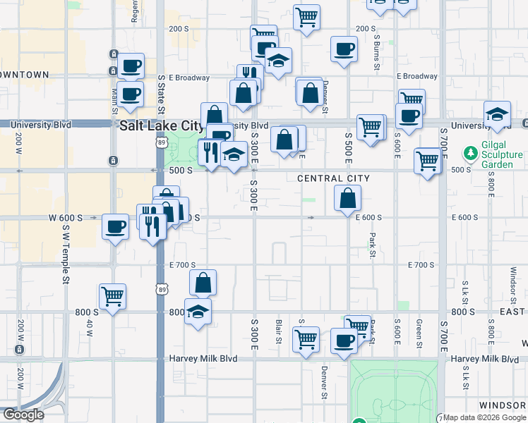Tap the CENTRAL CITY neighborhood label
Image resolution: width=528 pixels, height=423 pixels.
(x=333, y=178)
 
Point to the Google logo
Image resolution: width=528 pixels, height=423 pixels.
(x=23, y=415)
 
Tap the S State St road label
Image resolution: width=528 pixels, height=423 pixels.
(x=161, y=94)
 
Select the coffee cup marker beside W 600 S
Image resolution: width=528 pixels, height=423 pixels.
(x=115, y=227)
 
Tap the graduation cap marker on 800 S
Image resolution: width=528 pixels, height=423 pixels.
(x=198, y=311)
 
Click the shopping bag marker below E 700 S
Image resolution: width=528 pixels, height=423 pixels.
(x=203, y=283)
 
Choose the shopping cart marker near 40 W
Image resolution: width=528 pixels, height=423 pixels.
(x=112, y=296)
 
